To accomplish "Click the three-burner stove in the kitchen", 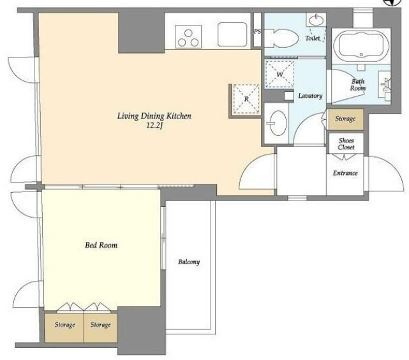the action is click(188, 36).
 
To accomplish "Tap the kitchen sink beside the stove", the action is click(232, 34).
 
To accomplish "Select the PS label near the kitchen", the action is click(257, 31).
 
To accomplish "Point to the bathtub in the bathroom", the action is click(361, 46).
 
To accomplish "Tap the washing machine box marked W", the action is click(279, 74).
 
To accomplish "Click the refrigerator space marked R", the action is click(246, 99).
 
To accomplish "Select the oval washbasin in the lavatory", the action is click(278, 123).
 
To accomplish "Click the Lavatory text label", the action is click(310, 96).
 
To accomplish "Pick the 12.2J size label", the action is click(154, 126).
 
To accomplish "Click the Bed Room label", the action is click(101, 245).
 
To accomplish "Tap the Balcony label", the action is click(189, 262).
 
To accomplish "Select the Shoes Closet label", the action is click(346, 144).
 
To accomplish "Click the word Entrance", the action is click(345, 173).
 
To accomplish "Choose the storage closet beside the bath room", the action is click(346, 119).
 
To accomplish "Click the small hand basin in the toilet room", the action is click(316, 19).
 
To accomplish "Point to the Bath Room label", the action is click(358, 85).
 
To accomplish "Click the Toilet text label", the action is click(313, 38).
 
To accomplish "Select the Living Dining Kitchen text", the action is click(154, 116).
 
